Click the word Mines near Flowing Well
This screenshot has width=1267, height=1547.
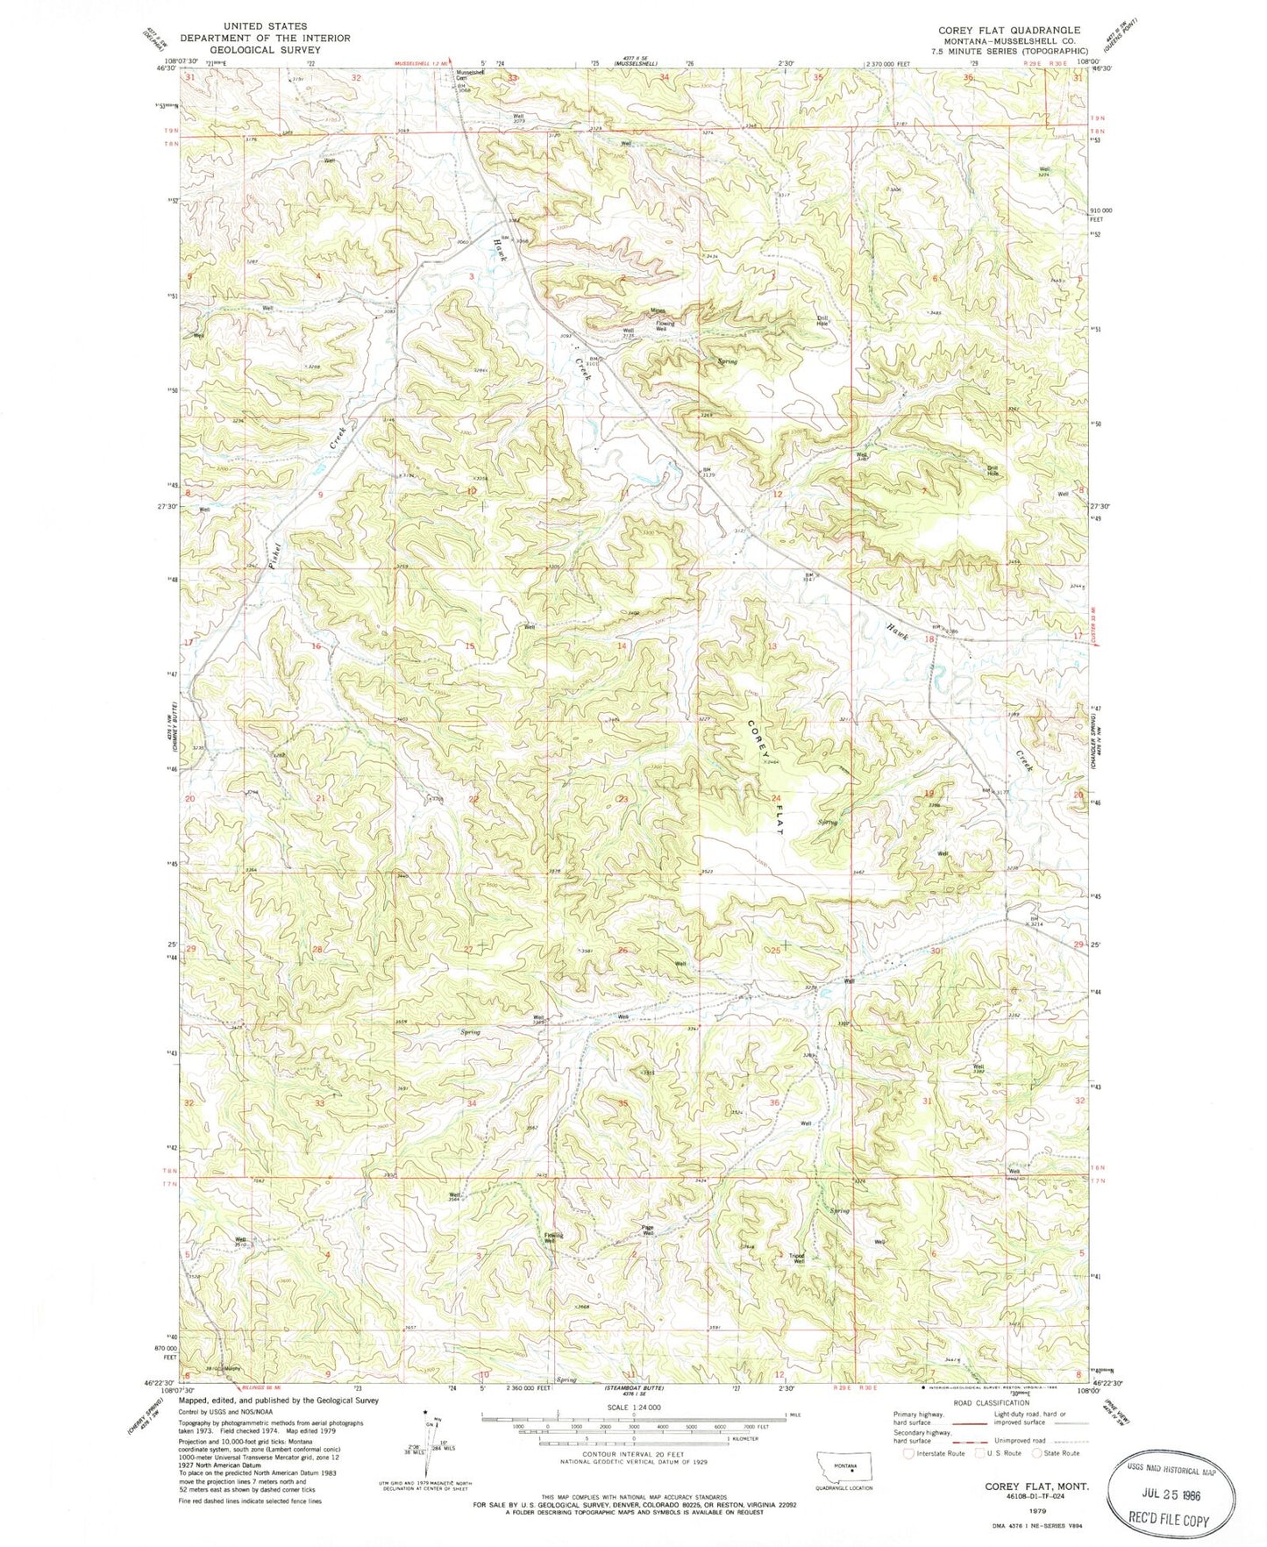[x=658, y=310]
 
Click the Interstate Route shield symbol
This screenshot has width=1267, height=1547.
[x=909, y=1453]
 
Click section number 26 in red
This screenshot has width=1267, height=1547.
[x=623, y=951]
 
